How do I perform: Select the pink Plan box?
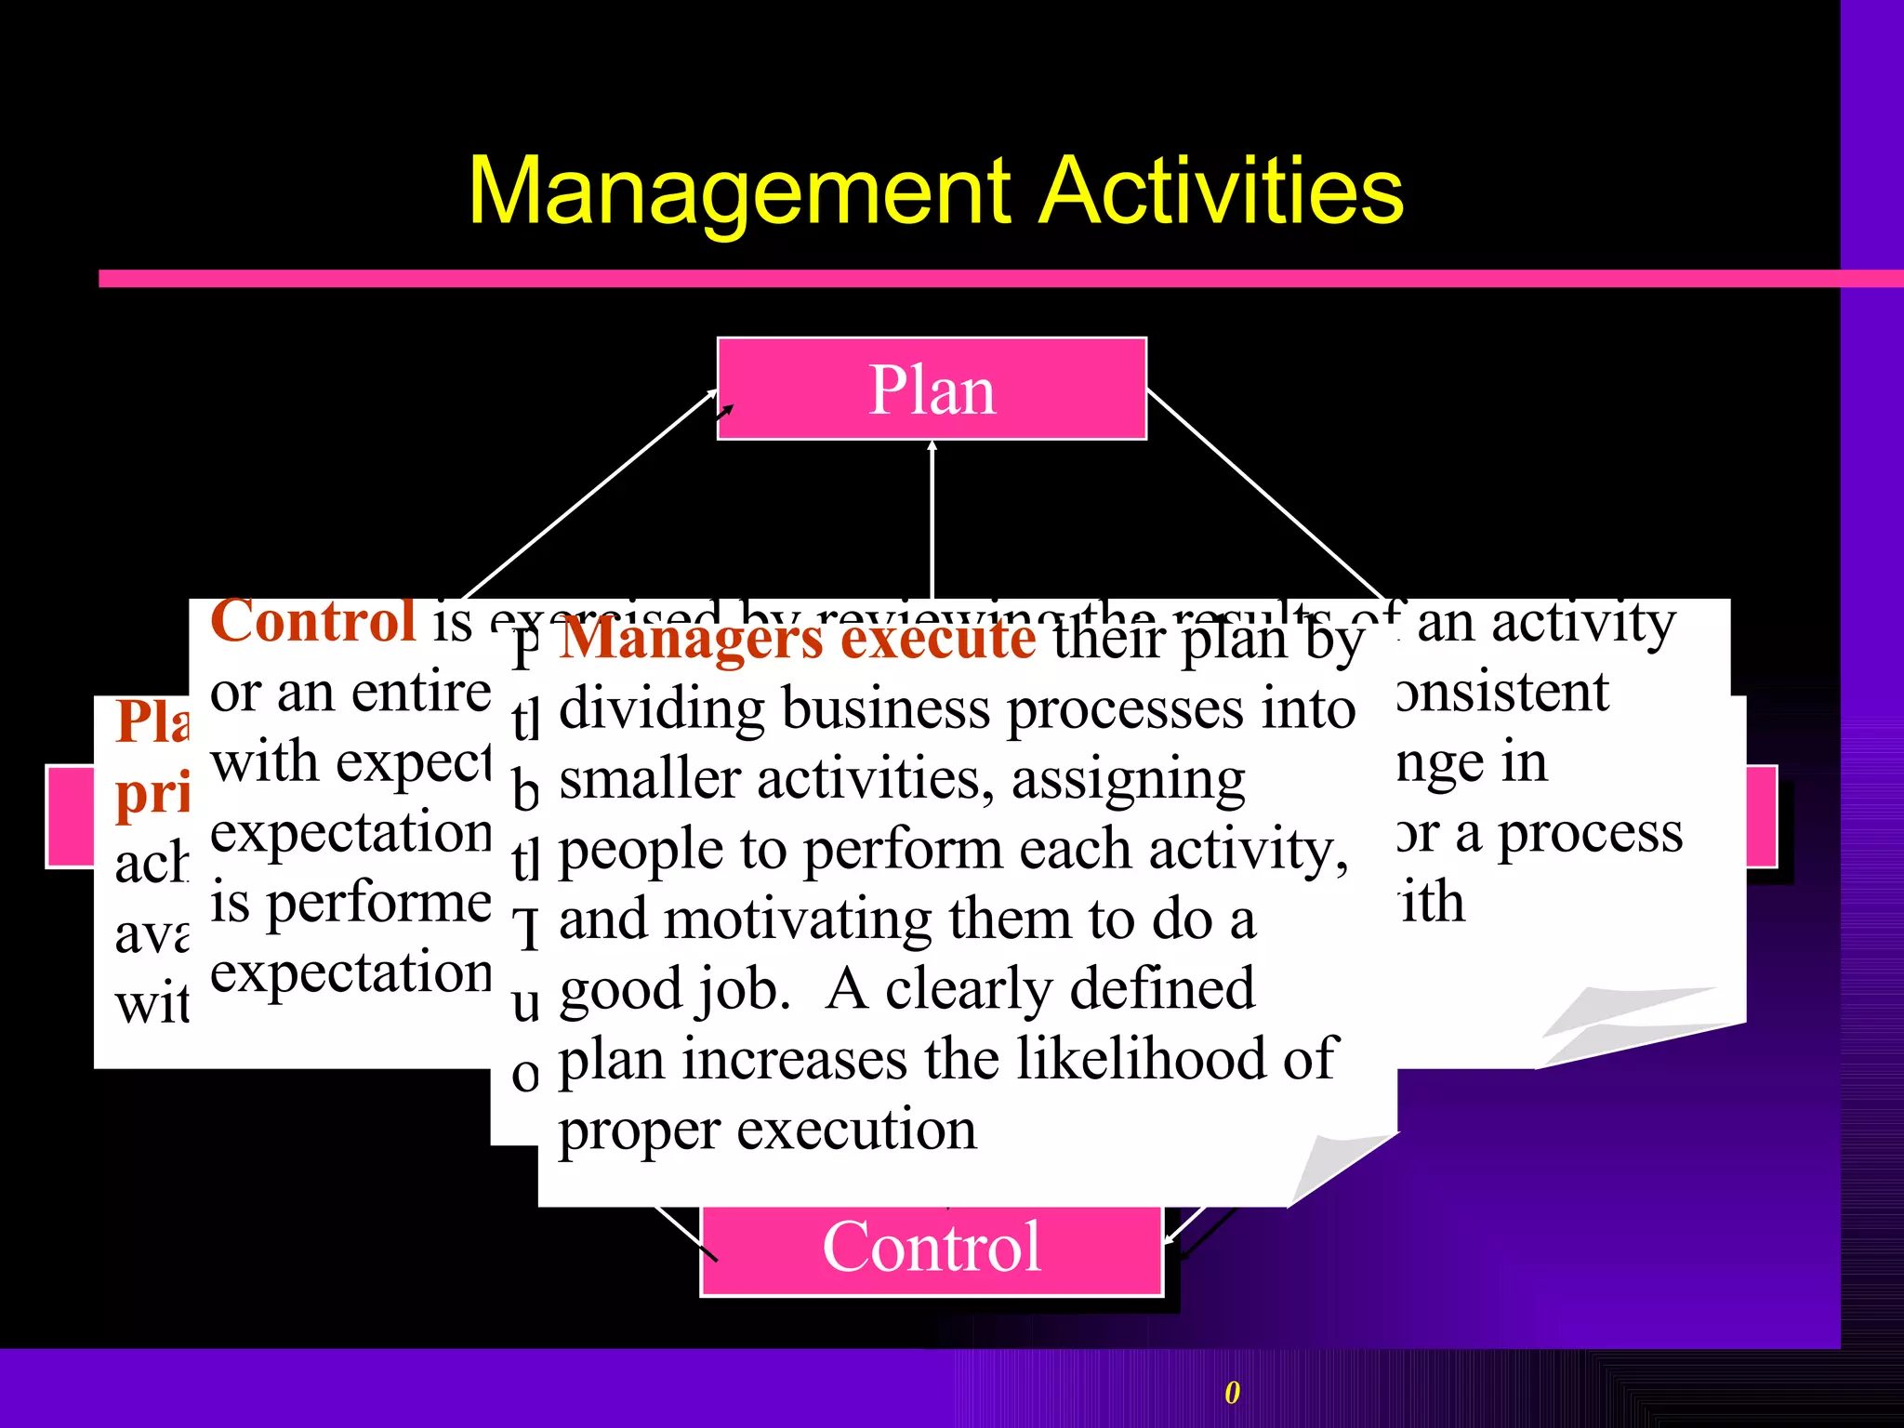(x=932, y=389)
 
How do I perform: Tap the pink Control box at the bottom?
(x=932, y=1248)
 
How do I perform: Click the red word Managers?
(x=693, y=640)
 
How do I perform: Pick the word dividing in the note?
(x=662, y=709)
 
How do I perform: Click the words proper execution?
(x=767, y=1130)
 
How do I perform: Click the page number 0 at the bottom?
(x=1232, y=1393)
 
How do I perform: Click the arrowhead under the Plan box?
(x=932, y=446)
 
